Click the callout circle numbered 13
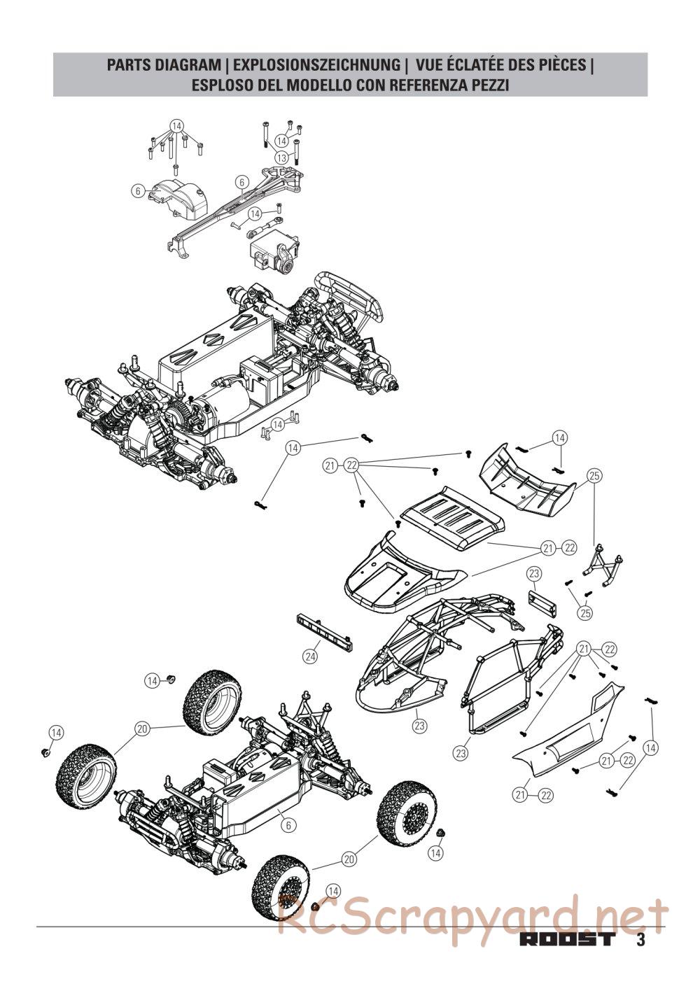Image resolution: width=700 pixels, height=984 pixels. [281, 157]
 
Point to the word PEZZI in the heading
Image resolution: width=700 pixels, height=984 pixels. [487, 85]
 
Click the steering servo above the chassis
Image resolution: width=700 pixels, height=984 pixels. [274, 254]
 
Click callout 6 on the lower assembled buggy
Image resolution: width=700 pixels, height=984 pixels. [288, 825]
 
